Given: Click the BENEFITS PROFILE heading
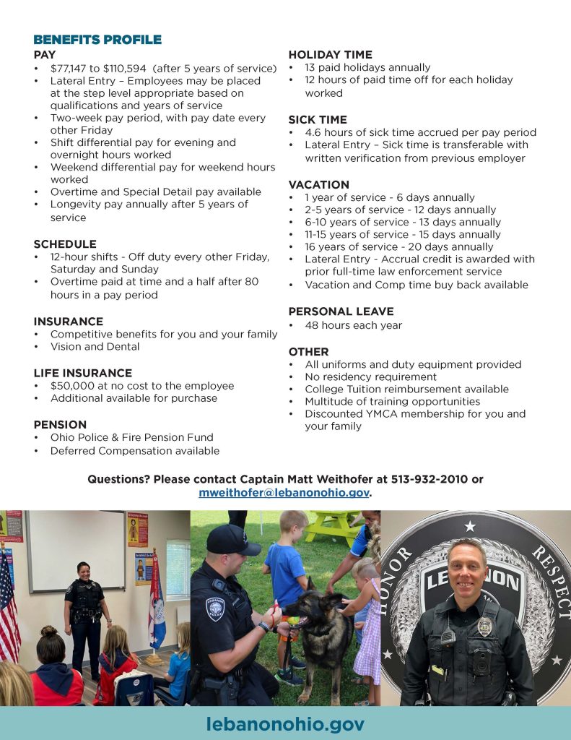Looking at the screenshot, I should pyautogui.click(x=97, y=40).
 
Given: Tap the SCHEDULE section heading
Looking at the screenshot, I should pyautogui.click(x=65, y=244).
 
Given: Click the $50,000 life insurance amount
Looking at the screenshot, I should pyautogui.click(x=72, y=386).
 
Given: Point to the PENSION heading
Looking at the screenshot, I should pyautogui.click(x=60, y=424).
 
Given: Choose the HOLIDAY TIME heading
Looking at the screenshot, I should pyautogui.click(x=331, y=54).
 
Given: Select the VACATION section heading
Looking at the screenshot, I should pyautogui.click(x=318, y=185).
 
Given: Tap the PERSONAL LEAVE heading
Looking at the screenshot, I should pyautogui.click(x=341, y=311).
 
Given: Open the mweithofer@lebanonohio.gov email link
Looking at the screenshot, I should pyautogui.click(x=284, y=493).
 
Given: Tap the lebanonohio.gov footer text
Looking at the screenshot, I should pyautogui.click(x=285, y=724).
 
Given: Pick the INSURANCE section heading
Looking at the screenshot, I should pyautogui.click(x=69, y=322).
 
